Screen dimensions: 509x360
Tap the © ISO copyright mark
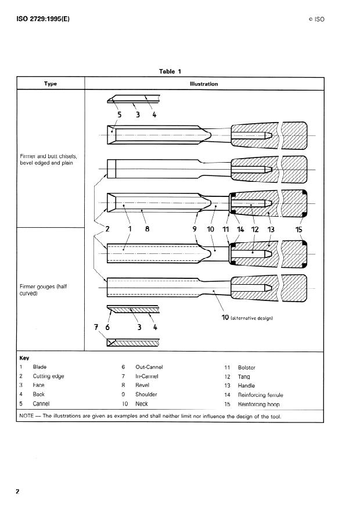(316, 19)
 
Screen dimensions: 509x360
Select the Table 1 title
(170, 71)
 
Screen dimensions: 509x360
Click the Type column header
(51, 84)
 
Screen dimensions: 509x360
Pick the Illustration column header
(204, 84)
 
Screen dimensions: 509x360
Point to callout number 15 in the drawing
(299, 229)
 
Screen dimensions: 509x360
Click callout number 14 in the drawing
(240, 229)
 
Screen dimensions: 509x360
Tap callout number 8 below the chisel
(147, 229)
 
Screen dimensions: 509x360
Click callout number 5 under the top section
(119, 114)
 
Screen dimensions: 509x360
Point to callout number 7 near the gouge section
(96, 327)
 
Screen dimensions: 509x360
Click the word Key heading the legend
(24, 359)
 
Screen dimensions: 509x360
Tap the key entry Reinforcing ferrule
(260, 395)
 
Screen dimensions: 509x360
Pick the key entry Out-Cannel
(149, 367)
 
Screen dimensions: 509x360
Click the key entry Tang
(244, 377)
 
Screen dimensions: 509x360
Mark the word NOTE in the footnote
(28, 416)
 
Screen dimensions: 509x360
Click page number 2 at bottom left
(17, 492)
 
